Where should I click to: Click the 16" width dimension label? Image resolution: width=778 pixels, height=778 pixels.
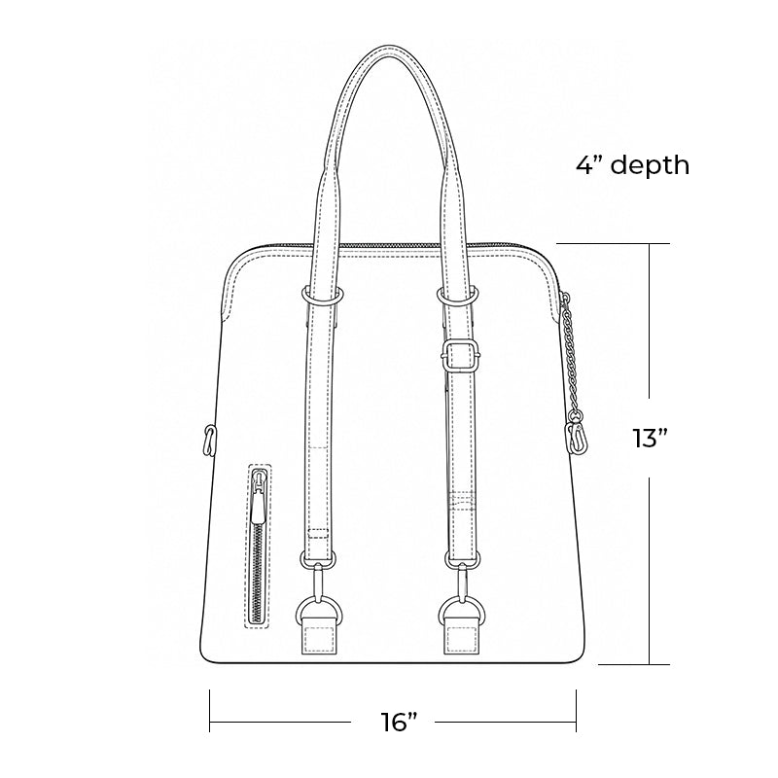tap(400, 722)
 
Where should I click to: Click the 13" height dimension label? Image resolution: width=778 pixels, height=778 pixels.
tap(650, 439)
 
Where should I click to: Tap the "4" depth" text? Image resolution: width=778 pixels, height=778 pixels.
tap(633, 165)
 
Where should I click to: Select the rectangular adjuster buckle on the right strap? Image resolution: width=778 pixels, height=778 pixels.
tap(460, 355)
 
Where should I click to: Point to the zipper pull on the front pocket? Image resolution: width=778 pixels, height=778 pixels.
tap(259, 498)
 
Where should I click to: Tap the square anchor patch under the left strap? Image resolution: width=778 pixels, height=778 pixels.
tap(320, 637)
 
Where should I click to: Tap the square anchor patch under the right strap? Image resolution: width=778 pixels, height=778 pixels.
tap(462, 637)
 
